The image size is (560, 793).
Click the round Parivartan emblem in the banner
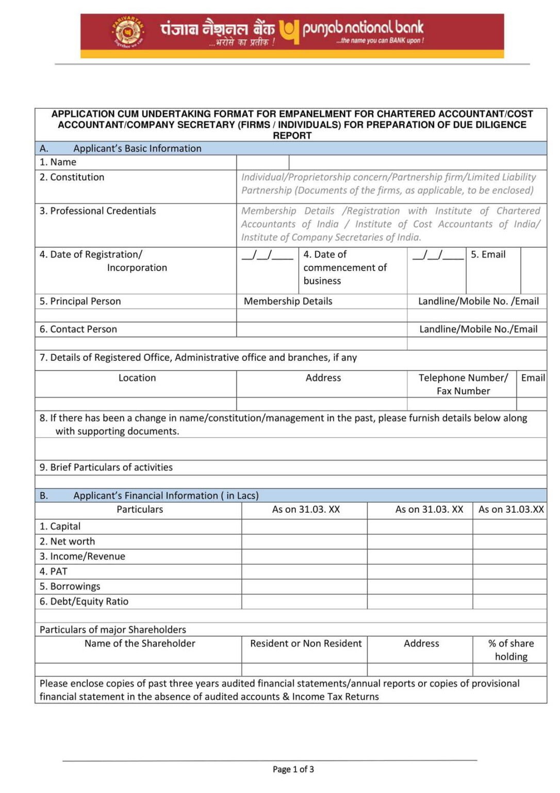(x=127, y=32)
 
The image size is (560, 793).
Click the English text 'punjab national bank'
(x=363, y=28)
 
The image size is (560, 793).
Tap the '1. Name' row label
(x=58, y=162)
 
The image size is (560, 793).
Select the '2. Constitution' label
(x=72, y=177)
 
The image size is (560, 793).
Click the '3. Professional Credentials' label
(x=97, y=211)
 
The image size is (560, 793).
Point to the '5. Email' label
(x=488, y=255)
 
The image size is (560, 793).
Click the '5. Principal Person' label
(x=80, y=301)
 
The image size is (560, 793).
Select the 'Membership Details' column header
(x=288, y=301)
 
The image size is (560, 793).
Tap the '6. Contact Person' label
(x=78, y=329)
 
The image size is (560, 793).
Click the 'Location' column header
(x=137, y=378)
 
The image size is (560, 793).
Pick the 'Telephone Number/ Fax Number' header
(x=463, y=384)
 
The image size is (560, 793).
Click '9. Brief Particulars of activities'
(x=106, y=467)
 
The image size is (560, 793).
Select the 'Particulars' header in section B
(x=139, y=510)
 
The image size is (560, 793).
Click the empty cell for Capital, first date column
(x=304, y=527)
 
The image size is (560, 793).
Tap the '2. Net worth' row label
(x=67, y=542)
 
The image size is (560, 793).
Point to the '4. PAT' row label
(x=53, y=572)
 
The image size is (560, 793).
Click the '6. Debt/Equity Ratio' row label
(x=84, y=601)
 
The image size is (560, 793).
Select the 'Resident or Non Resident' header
(x=306, y=644)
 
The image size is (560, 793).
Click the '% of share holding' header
(x=510, y=650)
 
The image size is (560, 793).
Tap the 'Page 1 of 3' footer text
(x=293, y=769)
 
